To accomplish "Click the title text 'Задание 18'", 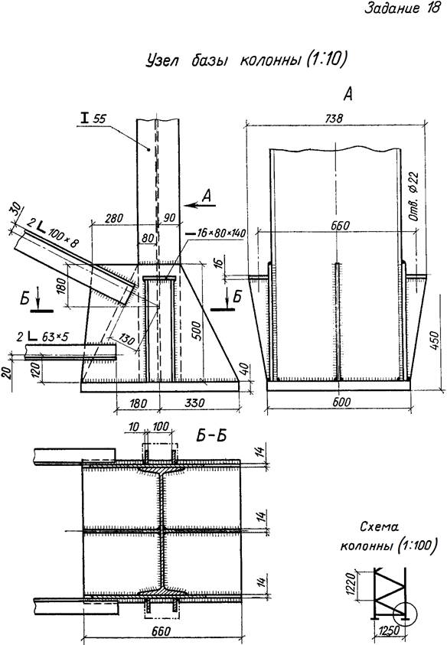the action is [x=402, y=8].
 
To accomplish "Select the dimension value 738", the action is [x=334, y=119].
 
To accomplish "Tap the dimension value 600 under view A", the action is [x=341, y=402].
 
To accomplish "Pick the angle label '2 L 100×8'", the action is [x=52, y=232].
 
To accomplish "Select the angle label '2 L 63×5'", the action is [x=42, y=337].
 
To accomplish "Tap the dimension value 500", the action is [x=197, y=330].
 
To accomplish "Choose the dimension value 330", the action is [x=194, y=402].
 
